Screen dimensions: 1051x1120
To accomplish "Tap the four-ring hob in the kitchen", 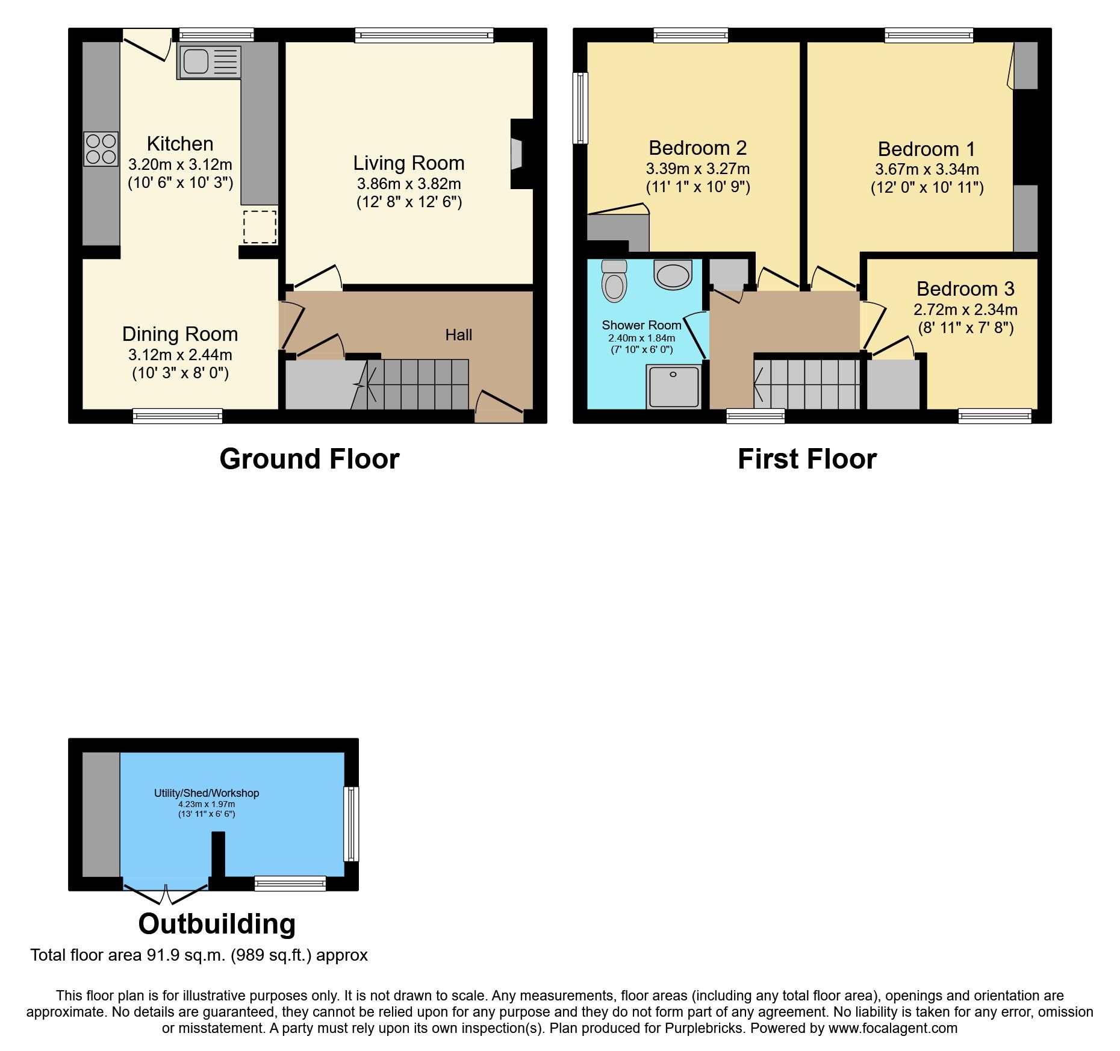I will [x=101, y=149].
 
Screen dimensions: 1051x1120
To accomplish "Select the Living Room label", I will [x=408, y=163].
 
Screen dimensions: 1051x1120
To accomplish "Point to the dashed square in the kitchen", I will [x=260, y=226].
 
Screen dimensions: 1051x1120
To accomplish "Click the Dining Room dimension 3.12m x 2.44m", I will [x=180, y=355].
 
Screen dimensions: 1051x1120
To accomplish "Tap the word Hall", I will [x=458, y=335].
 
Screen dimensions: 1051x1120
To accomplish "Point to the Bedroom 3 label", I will [x=965, y=289].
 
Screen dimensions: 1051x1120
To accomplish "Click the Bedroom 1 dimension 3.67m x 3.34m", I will [x=927, y=169].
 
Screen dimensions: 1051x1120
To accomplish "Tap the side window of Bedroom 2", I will [x=580, y=108].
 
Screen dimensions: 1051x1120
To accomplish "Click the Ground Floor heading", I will [x=309, y=459].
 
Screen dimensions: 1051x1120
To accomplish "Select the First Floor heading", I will [x=807, y=459].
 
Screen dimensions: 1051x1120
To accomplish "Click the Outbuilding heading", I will [x=217, y=924].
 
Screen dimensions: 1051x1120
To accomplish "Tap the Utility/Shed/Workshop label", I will [x=207, y=793].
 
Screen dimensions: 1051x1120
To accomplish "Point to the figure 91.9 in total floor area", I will [x=163, y=955].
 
